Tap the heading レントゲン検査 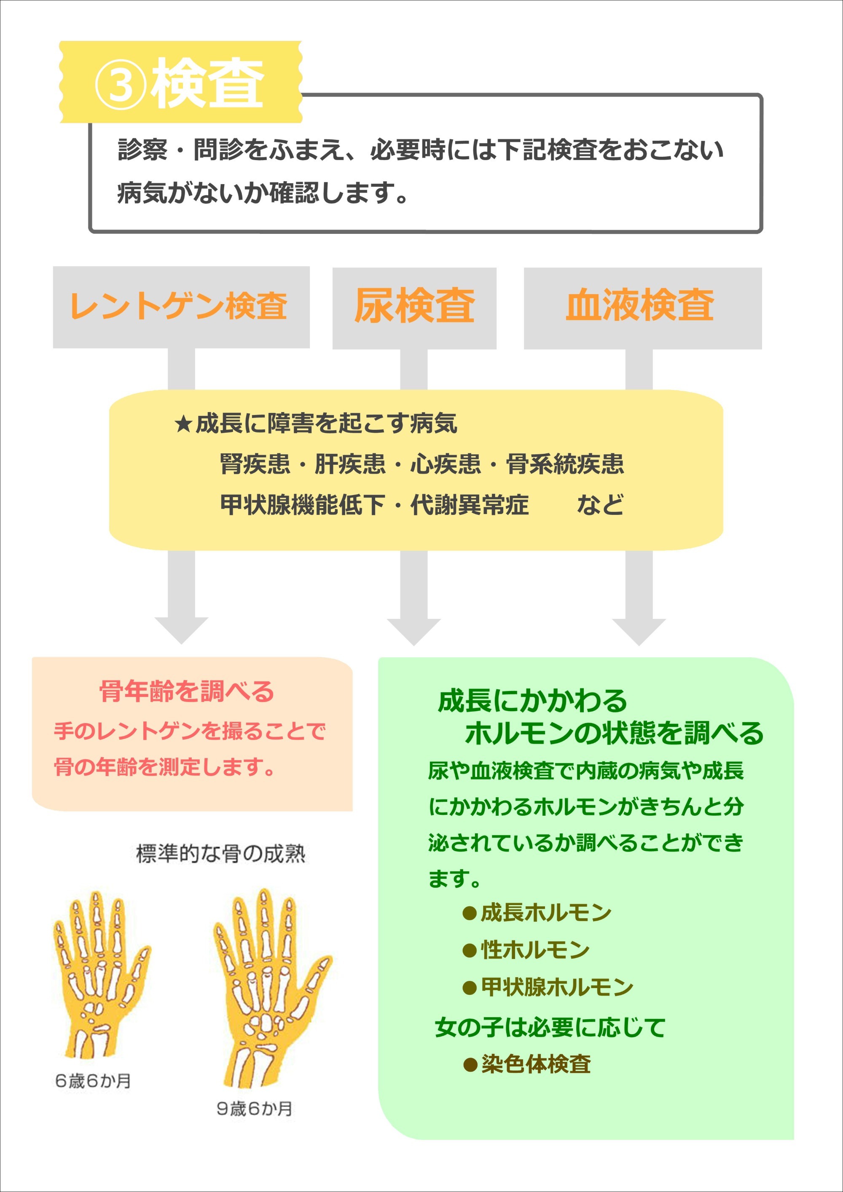pyautogui.click(x=178, y=306)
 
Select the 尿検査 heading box pyautogui.click(x=414, y=308)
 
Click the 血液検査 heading pyautogui.click(x=640, y=305)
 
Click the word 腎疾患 pyautogui.click(x=255, y=463)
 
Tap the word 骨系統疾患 pyautogui.click(x=565, y=463)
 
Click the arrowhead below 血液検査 pyautogui.click(x=639, y=632)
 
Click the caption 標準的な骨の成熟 pyautogui.click(x=221, y=854)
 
